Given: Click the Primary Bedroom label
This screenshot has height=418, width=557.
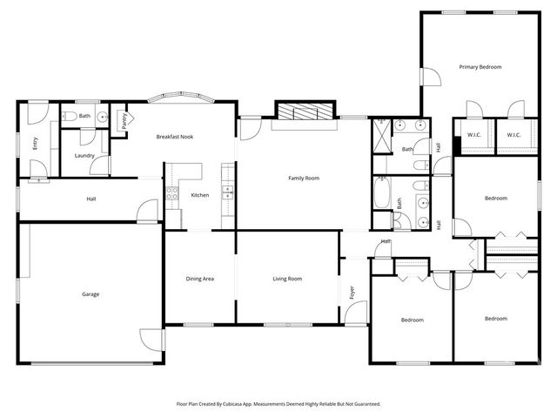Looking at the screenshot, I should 480,67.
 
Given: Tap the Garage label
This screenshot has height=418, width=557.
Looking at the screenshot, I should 91,294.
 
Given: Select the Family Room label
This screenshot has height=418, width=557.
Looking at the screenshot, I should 304,179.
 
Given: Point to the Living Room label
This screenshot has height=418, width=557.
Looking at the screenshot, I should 287,279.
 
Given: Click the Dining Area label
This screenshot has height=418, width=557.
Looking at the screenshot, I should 200,279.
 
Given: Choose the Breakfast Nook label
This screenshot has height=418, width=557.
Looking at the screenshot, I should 174,137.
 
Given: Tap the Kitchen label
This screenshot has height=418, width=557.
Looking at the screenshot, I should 200,195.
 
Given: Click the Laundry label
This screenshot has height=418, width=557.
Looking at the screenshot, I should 84,156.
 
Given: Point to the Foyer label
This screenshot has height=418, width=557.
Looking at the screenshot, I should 352,293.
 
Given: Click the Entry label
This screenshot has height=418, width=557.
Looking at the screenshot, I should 36,143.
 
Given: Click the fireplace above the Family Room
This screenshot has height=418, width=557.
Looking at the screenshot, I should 303,111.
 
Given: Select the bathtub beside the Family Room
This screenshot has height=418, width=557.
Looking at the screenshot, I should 382,193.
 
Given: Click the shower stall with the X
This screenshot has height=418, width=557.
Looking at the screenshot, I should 382,135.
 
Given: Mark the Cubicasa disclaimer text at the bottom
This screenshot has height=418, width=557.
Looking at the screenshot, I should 278,404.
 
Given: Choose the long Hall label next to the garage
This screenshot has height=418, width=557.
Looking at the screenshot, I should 91,199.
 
